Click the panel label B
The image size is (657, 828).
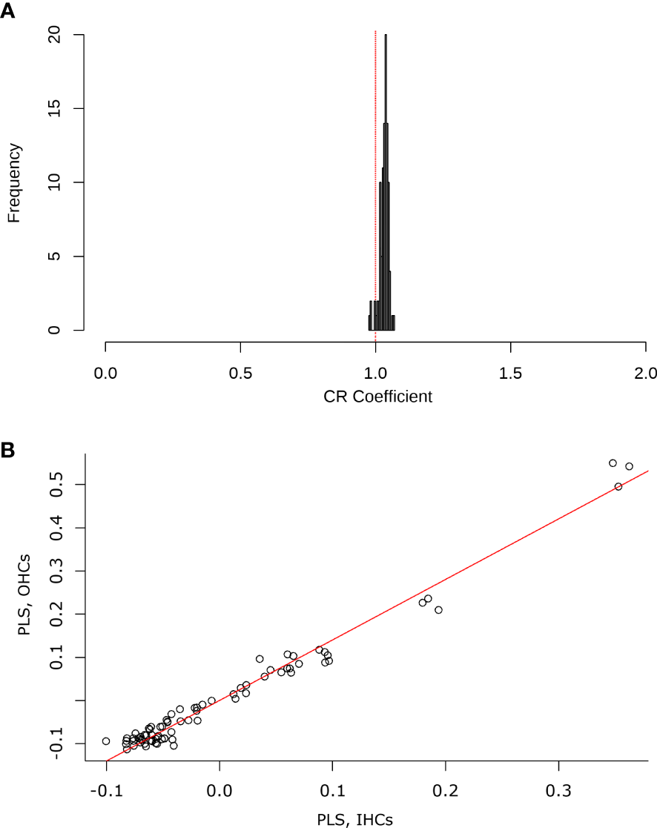pos(7,449)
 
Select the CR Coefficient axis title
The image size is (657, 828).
pos(377,397)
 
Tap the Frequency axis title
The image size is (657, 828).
pos(14,182)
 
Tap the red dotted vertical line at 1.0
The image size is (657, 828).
pos(375,185)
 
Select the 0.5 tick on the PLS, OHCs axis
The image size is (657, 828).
pos(56,485)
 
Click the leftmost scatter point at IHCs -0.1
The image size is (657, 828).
pos(106,741)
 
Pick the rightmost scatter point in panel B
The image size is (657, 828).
pos(629,466)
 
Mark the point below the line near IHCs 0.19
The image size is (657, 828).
pos(438,610)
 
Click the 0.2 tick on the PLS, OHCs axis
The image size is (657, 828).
pos(56,614)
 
